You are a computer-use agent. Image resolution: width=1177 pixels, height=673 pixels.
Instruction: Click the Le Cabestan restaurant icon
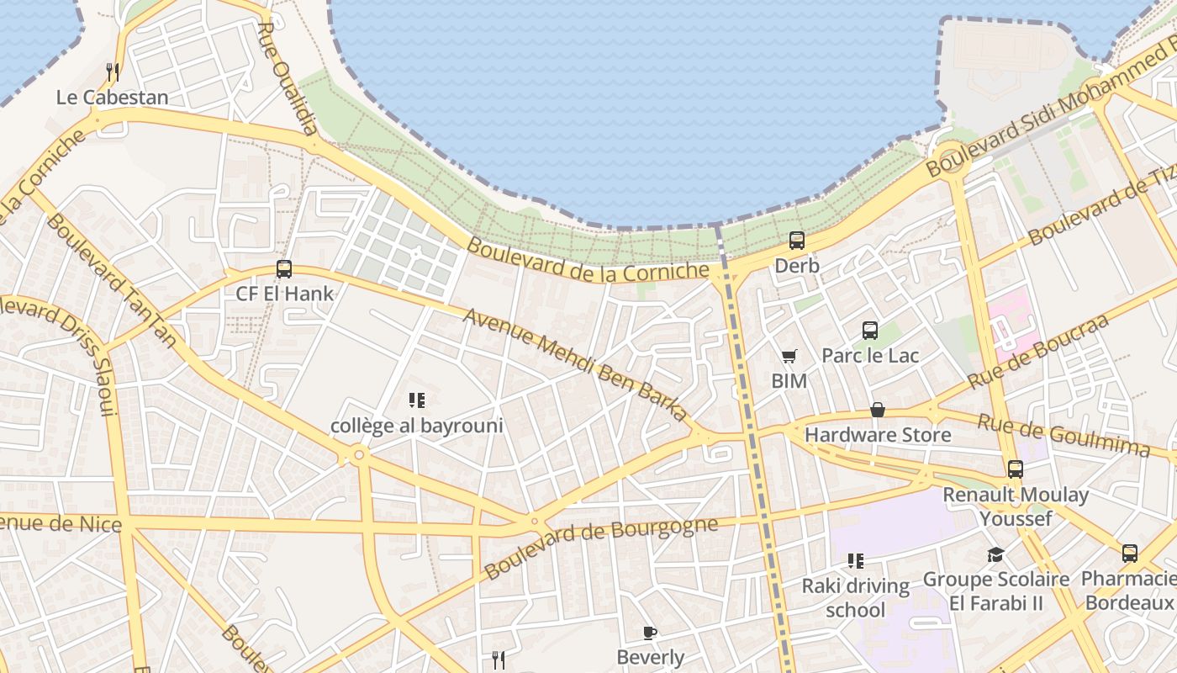click(x=113, y=72)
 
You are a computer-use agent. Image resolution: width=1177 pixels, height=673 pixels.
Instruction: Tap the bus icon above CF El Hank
click(x=284, y=269)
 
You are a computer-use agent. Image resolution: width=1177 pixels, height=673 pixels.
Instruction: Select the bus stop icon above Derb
click(x=796, y=241)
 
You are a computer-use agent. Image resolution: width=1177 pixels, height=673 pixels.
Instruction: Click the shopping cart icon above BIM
click(x=789, y=357)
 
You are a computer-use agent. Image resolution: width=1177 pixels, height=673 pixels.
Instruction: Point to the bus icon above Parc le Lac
click(x=870, y=331)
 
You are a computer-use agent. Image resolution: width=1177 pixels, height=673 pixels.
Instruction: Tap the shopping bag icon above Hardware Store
click(x=878, y=410)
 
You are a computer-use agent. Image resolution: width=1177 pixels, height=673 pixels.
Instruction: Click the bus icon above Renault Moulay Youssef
click(x=1016, y=469)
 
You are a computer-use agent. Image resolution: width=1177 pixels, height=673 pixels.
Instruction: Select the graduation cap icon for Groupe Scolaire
click(x=996, y=554)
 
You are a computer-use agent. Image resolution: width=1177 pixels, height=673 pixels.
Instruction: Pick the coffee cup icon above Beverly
click(x=650, y=633)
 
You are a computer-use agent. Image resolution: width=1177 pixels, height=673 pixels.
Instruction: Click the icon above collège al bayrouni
click(x=417, y=400)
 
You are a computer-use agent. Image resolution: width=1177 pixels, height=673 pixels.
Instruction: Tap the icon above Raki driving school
click(x=856, y=561)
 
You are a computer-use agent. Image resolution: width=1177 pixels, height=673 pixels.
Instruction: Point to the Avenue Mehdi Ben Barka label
click(x=575, y=365)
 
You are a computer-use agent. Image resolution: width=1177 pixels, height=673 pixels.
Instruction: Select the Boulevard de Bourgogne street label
click(x=601, y=547)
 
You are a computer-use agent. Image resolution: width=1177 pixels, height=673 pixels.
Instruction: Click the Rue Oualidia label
click(x=287, y=78)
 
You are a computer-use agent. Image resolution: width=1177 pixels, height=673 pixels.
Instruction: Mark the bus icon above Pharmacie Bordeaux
click(x=1130, y=554)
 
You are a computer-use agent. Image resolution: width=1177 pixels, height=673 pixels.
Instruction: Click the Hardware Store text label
click(x=878, y=435)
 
